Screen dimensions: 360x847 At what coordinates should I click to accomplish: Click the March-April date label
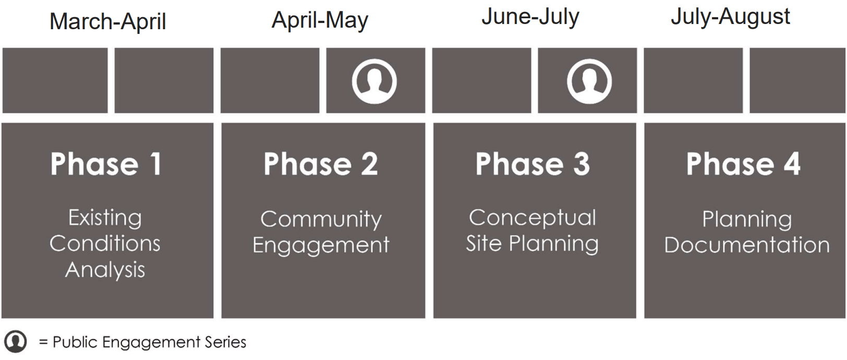pos(107,22)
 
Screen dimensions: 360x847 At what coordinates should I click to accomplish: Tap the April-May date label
pos(320,21)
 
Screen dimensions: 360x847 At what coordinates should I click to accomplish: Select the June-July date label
pos(530,17)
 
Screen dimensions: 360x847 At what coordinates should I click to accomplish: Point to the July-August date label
pos(730,17)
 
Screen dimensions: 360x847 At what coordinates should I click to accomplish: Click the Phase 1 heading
pos(106,164)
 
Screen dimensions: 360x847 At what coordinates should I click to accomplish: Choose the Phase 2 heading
pos(321,164)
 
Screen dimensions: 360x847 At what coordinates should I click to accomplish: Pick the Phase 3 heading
pos(533,164)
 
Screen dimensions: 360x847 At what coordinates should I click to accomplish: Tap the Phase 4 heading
pos(743,164)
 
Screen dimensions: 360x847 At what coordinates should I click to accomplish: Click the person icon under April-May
pos(374,81)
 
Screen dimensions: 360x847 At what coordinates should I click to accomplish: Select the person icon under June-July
pos(589,81)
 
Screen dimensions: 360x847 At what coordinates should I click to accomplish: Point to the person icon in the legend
pos(16,342)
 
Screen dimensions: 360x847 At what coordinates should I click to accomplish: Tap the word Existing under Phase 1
pos(105,218)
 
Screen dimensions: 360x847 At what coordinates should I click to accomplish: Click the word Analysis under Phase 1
pos(105,270)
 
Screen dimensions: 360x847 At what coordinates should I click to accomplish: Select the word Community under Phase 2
pos(321,220)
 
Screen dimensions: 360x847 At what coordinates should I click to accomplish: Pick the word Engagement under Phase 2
pos(321,245)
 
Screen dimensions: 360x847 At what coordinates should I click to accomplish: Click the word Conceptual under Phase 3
pos(532,218)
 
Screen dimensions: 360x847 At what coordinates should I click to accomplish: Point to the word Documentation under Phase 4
pos(746,245)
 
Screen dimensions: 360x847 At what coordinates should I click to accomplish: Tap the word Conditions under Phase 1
pos(105,244)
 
